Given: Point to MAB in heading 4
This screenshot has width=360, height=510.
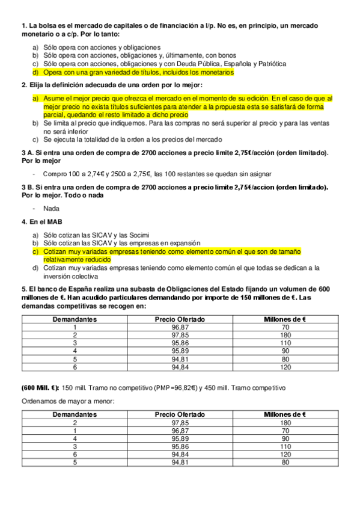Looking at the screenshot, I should point(47,221).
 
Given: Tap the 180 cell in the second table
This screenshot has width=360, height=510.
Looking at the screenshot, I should point(285,423).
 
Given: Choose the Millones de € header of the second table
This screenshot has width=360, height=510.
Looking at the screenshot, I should point(285,414).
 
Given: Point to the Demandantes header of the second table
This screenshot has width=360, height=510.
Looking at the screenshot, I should point(75,414).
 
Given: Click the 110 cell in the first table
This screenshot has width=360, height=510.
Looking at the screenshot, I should point(285,343).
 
